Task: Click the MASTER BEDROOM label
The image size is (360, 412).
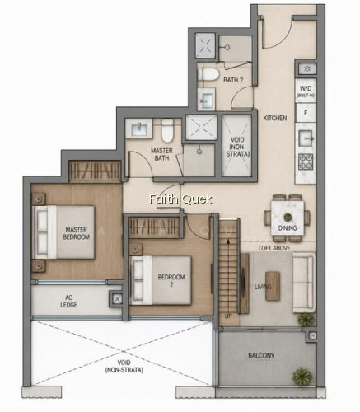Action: pyautogui.click(x=77, y=233)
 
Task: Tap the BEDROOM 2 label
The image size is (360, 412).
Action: pyautogui.click(x=171, y=280)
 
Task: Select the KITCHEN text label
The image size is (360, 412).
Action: pyautogui.click(x=275, y=118)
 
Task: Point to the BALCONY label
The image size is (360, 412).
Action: pyautogui.click(x=261, y=356)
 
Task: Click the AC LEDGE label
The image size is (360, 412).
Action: pyautogui.click(x=68, y=302)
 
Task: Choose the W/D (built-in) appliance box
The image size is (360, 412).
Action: pyautogui.click(x=306, y=91)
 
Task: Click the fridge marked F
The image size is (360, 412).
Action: pyautogui.click(x=306, y=113)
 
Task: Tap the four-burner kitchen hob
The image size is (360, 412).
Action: pyautogui.click(x=306, y=162)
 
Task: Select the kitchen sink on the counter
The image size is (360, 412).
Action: pyautogui.click(x=306, y=138)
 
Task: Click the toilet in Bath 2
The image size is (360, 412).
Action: pyautogui.click(x=208, y=74)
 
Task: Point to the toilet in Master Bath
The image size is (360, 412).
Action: pyautogui.click(x=167, y=131)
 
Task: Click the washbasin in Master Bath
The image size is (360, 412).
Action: pyautogui.click(x=139, y=129)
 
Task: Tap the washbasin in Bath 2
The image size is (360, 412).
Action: pyautogui.click(x=207, y=99)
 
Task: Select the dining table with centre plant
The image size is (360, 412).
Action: pyautogui.click(x=288, y=218)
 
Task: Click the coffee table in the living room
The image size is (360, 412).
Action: pyautogui.click(x=273, y=286)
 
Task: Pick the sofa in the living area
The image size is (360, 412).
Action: pyautogui.click(x=303, y=283)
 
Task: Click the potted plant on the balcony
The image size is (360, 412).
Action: pyautogui.click(x=302, y=377)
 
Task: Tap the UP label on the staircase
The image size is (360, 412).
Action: pyautogui.click(x=228, y=316)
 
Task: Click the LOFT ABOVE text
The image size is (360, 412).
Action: pyautogui.click(x=274, y=248)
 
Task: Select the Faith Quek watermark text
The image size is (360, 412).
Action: pyautogui.click(x=180, y=199)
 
